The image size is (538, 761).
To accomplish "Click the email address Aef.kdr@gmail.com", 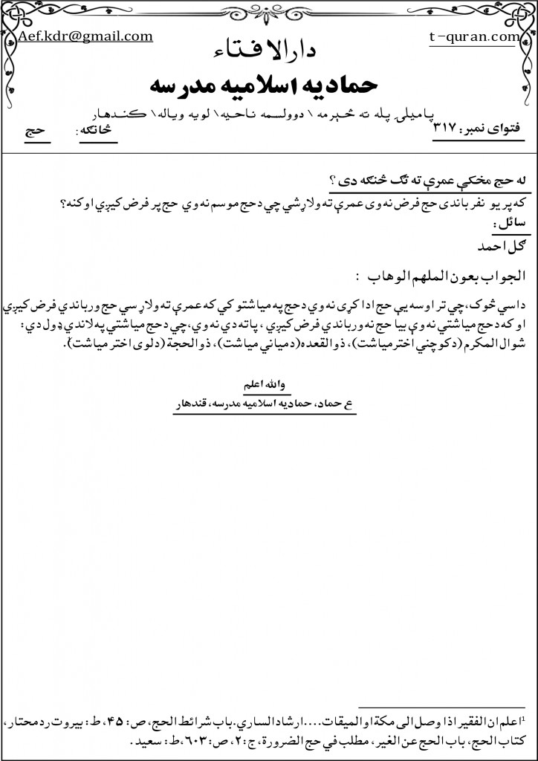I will click(86, 36).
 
